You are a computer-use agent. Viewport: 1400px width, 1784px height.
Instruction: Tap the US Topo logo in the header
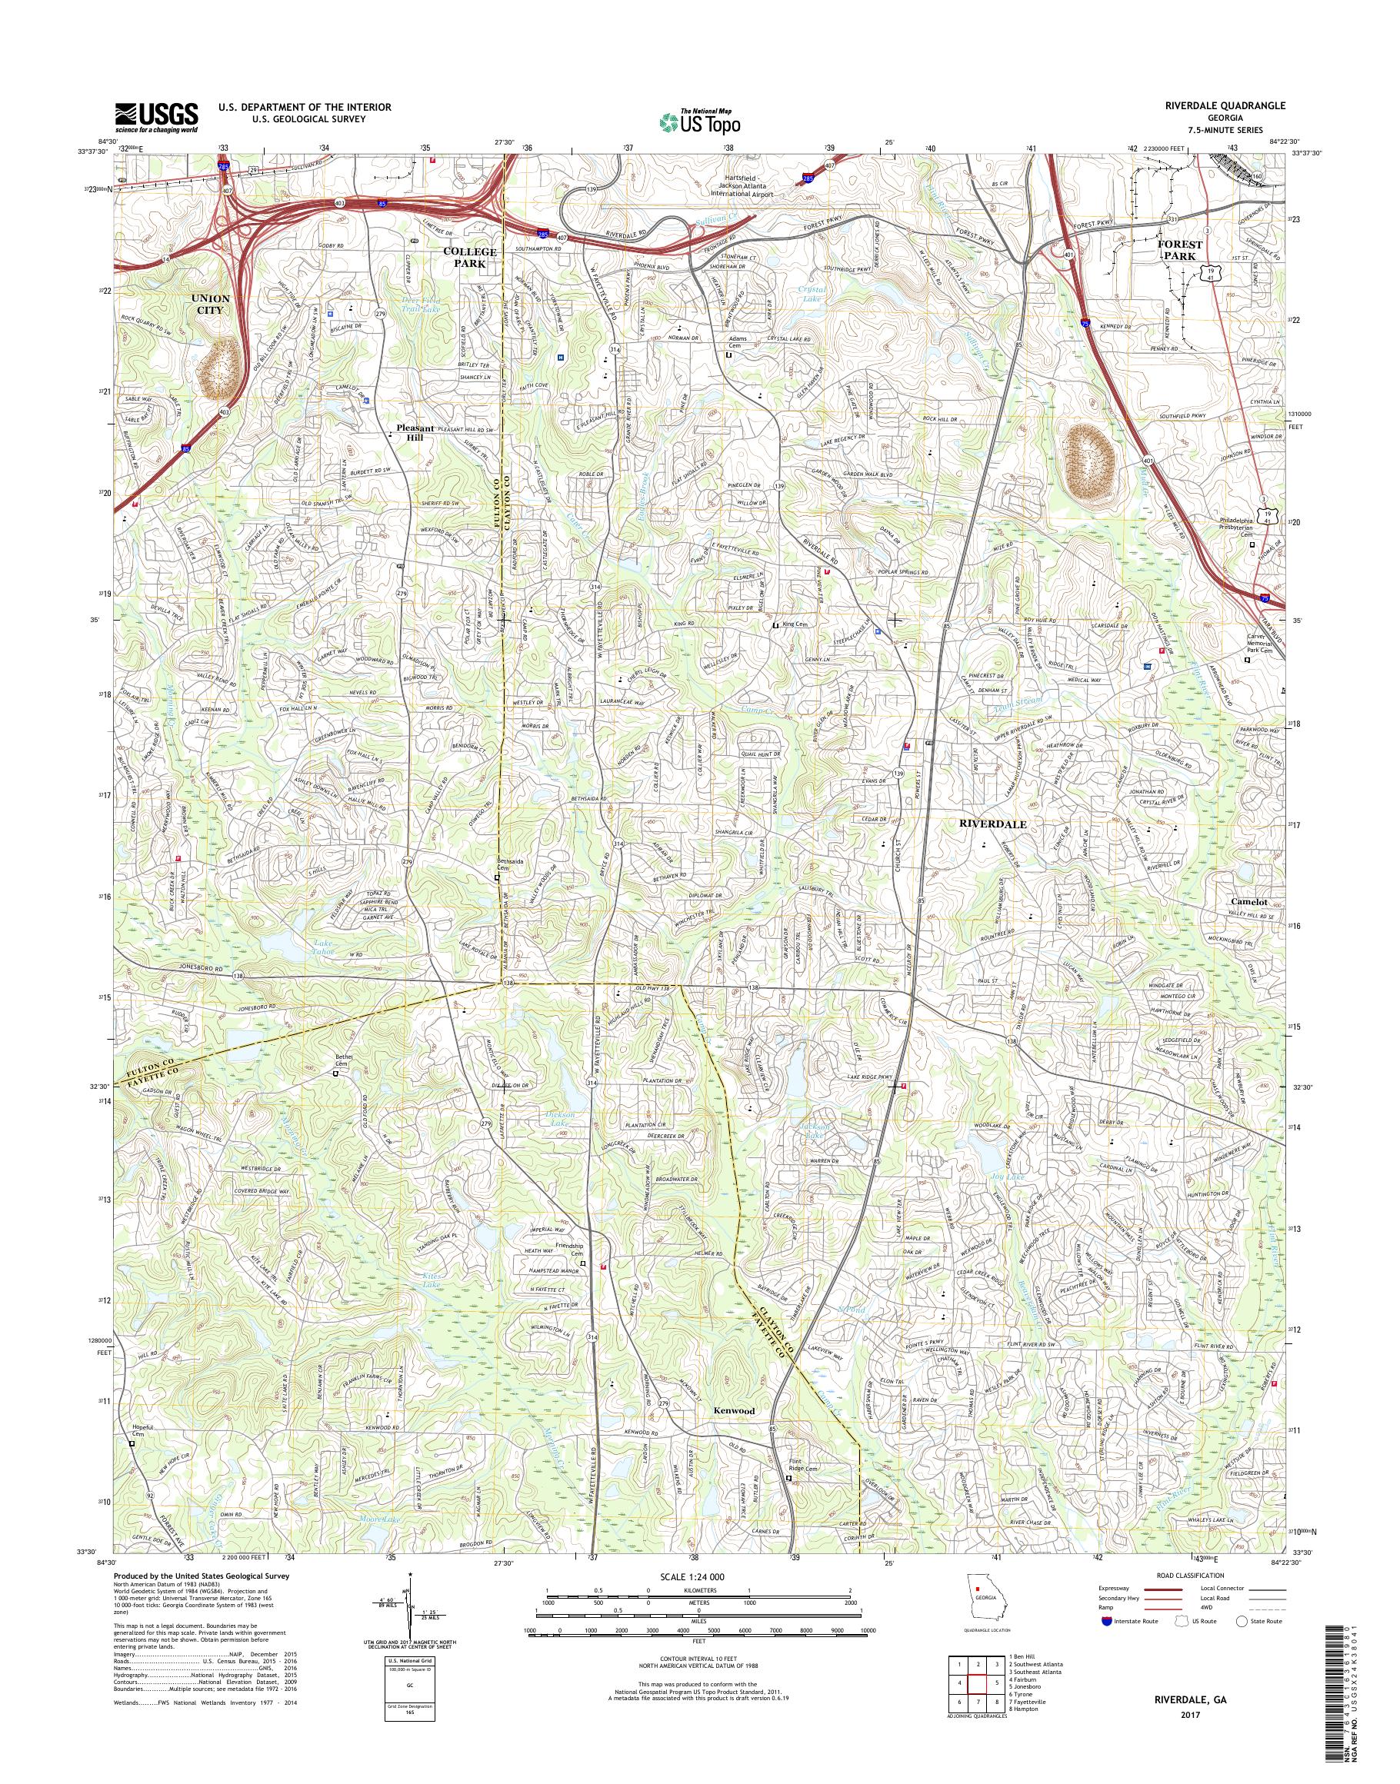pos(700,121)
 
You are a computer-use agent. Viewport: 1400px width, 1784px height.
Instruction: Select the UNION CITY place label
pos(211,304)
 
